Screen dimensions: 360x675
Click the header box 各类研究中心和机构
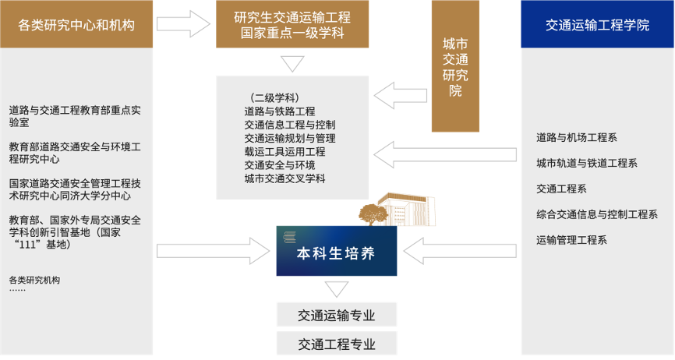tap(76, 25)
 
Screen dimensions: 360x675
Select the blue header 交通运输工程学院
tap(597, 25)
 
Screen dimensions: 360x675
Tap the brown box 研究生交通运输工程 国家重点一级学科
tap(292, 25)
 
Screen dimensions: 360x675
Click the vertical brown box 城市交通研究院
tap(455, 78)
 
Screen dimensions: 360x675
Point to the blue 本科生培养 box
tap(337, 252)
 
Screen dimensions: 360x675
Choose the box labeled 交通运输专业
tap(337, 316)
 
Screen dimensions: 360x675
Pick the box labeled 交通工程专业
tap(337, 344)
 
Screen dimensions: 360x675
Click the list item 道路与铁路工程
tap(279, 111)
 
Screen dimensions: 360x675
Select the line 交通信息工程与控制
tap(289, 125)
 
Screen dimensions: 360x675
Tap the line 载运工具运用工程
tap(284, 152)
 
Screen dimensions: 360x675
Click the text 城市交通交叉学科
tap(284, 178)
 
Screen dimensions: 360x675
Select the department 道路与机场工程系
tap(577, 138)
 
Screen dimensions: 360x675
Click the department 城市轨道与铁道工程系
tap(587, 163)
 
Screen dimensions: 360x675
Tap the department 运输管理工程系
tap(571, 239)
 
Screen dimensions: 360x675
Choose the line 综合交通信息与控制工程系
tap(597, 214)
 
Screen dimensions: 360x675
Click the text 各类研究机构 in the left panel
tap(34, 279)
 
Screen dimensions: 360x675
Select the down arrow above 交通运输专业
tap(337, 290)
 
